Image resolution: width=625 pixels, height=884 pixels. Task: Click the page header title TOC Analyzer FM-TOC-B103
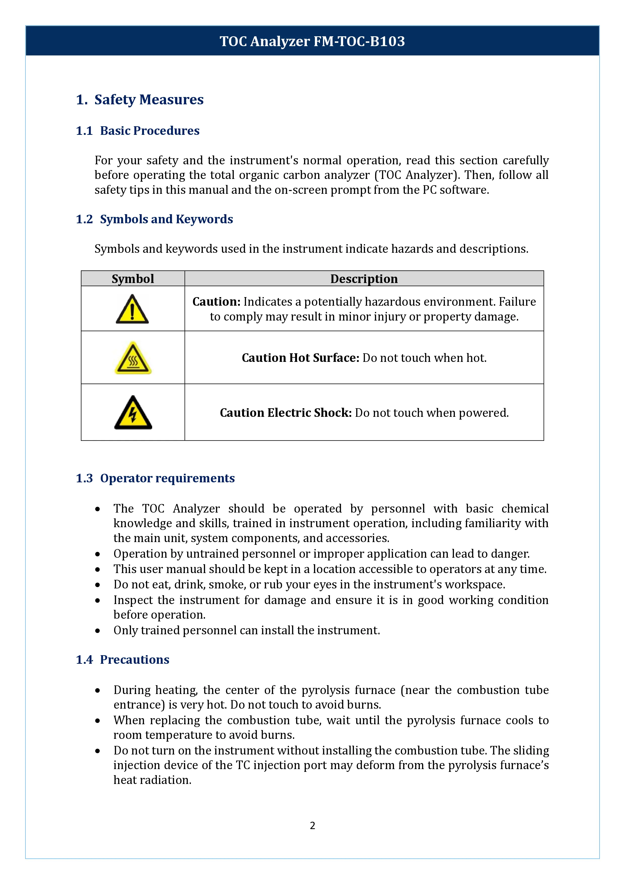coord(312,41)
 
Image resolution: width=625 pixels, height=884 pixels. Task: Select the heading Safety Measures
coord(149,100)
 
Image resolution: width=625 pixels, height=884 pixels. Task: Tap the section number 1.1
coord(84,131)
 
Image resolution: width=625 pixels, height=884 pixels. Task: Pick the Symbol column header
coord(133,279)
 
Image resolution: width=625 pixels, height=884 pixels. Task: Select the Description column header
coord(364,279)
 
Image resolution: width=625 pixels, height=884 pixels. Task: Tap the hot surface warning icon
coord(133,358)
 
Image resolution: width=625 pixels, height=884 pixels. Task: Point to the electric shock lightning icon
coord(133,413)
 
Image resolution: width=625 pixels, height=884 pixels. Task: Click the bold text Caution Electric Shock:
coord(286,413)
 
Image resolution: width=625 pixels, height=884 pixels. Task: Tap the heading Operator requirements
coord(168,479)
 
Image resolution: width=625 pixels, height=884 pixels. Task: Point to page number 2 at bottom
coord(312,826)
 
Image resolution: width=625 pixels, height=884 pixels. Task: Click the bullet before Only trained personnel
coord(98,631)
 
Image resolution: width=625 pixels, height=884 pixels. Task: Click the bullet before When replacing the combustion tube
coord(98,721)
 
